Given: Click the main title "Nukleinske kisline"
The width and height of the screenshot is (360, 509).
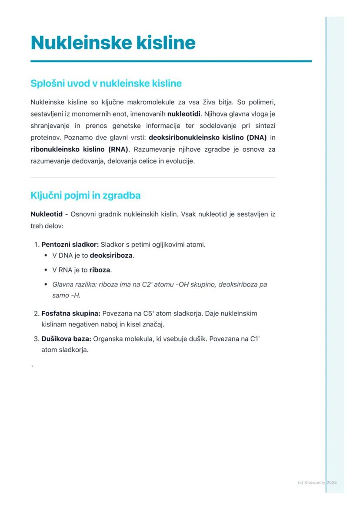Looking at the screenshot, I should tap(113, 43).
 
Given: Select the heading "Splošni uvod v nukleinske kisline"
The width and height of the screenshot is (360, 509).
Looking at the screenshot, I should tap(106, 83).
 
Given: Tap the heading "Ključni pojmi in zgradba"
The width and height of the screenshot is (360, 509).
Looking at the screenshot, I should tap(85, 195).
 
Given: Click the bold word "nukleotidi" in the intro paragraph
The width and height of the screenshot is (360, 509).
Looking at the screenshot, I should tap(183, 114).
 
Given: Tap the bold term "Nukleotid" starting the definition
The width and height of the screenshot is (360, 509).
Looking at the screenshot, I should tap(47, 214).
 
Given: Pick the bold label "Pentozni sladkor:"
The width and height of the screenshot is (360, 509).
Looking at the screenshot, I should tap(70, 244).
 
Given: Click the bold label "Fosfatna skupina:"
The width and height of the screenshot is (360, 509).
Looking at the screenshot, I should tap(71, 313).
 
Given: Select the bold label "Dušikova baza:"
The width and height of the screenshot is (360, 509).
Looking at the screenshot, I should tap(66, 339).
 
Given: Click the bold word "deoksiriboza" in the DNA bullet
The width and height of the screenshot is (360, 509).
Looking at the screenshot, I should tap(111, 255).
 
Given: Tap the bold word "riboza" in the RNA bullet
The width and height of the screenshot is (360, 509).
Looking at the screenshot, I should tap(100, 269).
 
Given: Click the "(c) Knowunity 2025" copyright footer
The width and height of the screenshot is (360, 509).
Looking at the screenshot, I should tap(317, 482).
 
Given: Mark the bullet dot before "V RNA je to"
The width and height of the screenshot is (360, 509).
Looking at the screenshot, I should tap(46, 270).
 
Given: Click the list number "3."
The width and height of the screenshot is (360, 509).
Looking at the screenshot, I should tap(37, 339).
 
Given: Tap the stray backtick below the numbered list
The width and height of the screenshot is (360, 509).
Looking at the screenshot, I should tap(32, 366).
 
